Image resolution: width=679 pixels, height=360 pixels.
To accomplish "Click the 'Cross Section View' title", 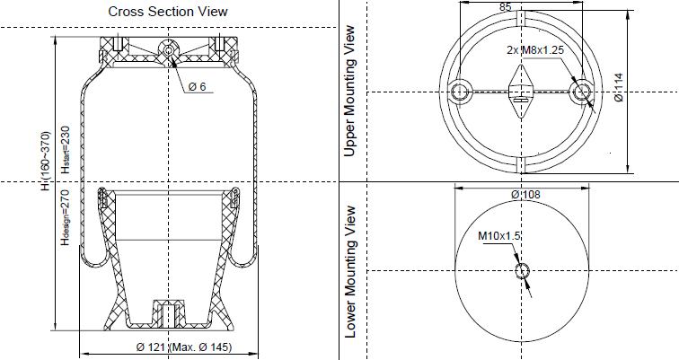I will tap(167, 12).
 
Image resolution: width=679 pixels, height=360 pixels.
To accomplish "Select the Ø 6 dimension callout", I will tap(198, 86).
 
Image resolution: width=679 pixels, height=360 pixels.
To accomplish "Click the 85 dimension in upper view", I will tap(505, 7).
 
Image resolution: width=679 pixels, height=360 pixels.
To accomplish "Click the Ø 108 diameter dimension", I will tap(525, 194).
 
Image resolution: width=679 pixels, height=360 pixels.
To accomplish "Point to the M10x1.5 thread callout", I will tap(499, 235).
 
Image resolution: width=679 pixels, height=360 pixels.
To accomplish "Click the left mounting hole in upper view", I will tap(463, 90).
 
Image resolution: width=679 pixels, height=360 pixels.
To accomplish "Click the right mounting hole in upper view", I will tap(583, 90).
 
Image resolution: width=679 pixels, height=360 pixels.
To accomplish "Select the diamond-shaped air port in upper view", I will tap(522, 92).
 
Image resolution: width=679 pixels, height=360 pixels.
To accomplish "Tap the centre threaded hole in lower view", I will tap(522, 271).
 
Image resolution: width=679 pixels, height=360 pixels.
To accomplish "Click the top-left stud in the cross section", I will tap(118, 43).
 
